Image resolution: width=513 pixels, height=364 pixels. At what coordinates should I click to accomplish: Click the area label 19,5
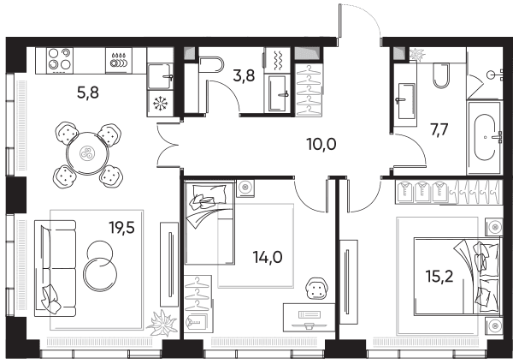coord(122,227)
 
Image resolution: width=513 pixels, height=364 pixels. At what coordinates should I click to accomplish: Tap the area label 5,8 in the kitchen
coord(88,92)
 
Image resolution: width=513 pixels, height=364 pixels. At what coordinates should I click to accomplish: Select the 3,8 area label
coord(244,76)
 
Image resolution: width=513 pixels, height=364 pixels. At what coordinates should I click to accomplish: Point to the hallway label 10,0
coord(321,144)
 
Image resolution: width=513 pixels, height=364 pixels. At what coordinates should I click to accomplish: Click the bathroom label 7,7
coord(439,129)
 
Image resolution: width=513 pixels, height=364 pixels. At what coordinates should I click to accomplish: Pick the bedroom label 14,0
coord(268,258)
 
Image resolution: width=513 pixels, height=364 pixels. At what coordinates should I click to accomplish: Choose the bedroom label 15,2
coord(439,276)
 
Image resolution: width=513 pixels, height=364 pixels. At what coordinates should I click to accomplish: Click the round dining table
coord(88,153)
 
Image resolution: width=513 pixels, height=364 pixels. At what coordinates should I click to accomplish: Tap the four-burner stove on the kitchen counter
coord(60,61)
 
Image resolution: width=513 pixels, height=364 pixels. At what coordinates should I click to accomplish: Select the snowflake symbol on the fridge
coord(161,104)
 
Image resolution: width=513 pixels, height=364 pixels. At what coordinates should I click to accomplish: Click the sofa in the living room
coord(55,268)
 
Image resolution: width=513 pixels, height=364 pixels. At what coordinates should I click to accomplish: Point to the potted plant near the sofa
coord(162,323)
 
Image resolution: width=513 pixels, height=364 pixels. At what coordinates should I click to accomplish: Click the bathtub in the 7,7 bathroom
coord(484,138)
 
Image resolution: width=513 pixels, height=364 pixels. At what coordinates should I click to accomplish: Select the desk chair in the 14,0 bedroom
coord(316,289)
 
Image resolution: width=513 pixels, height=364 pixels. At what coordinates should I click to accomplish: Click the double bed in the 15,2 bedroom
coord(457,277)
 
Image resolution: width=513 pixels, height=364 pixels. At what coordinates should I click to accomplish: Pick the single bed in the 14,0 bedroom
coord(209,223)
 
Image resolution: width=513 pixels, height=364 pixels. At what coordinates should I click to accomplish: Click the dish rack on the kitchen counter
coord(119,60)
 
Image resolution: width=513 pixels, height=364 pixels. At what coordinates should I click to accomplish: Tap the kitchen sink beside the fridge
coord(160,77)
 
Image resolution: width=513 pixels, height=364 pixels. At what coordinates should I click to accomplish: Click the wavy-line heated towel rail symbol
coord(277,61)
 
